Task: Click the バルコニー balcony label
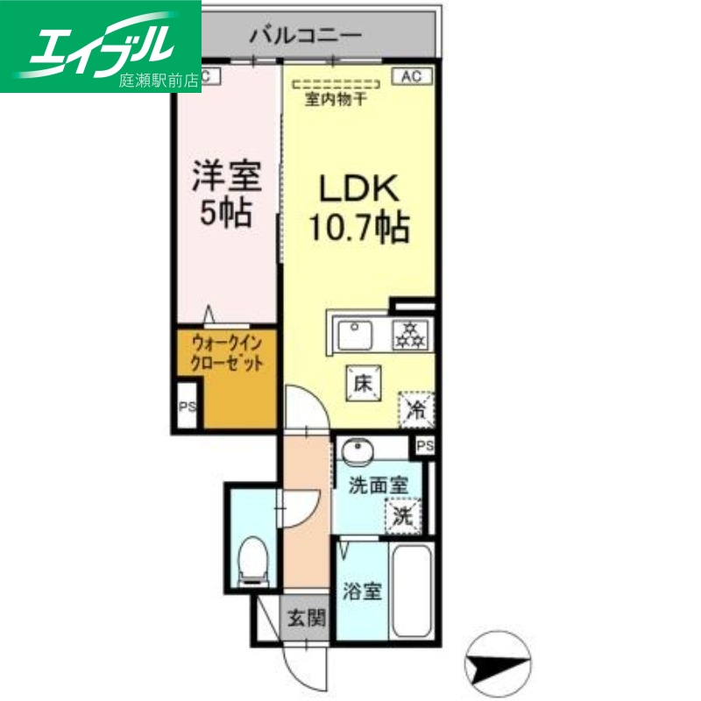[x=305, y=36]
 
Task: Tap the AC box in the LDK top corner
[x=412, y=76]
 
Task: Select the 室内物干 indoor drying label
[x=336, y=100]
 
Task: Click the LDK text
[x=358, y=188]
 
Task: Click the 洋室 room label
[x=226, y=175]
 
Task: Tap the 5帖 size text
[x=226, y=213]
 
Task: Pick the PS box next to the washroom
[x=425, y=446]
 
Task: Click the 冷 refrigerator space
[x=414, y=407]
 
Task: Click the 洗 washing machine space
[x=402, y=516]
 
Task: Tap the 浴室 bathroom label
[x=361, y=592]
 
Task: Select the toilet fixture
[x=253, y=560]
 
